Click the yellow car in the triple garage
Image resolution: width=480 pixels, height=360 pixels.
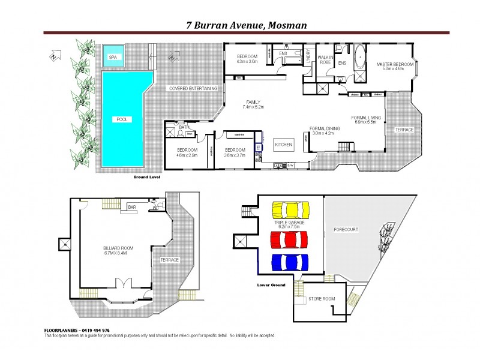(x=290, y=210)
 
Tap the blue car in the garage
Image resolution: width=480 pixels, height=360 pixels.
(x=290, y=262)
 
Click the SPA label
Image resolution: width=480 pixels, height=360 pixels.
(x=112, y=57)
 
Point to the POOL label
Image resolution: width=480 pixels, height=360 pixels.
(x=122, y=119)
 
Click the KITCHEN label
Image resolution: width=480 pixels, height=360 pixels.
(x=283, y=145)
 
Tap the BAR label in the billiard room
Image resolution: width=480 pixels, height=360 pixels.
(x=132, y=208)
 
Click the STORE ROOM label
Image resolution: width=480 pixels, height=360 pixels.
(x=322, y=299)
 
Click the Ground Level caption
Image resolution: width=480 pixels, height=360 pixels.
(x=146, y=178)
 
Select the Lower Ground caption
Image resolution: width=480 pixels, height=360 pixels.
(x=271, y=284)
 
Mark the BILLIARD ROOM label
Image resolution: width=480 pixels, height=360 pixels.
(x=118, y=248)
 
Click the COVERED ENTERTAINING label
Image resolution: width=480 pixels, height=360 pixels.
(x=193, y=88)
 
